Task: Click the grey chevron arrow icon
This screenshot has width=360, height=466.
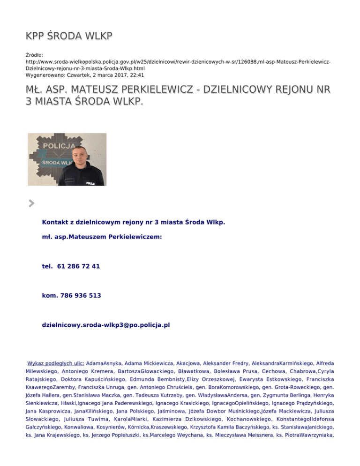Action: pos(31,203)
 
